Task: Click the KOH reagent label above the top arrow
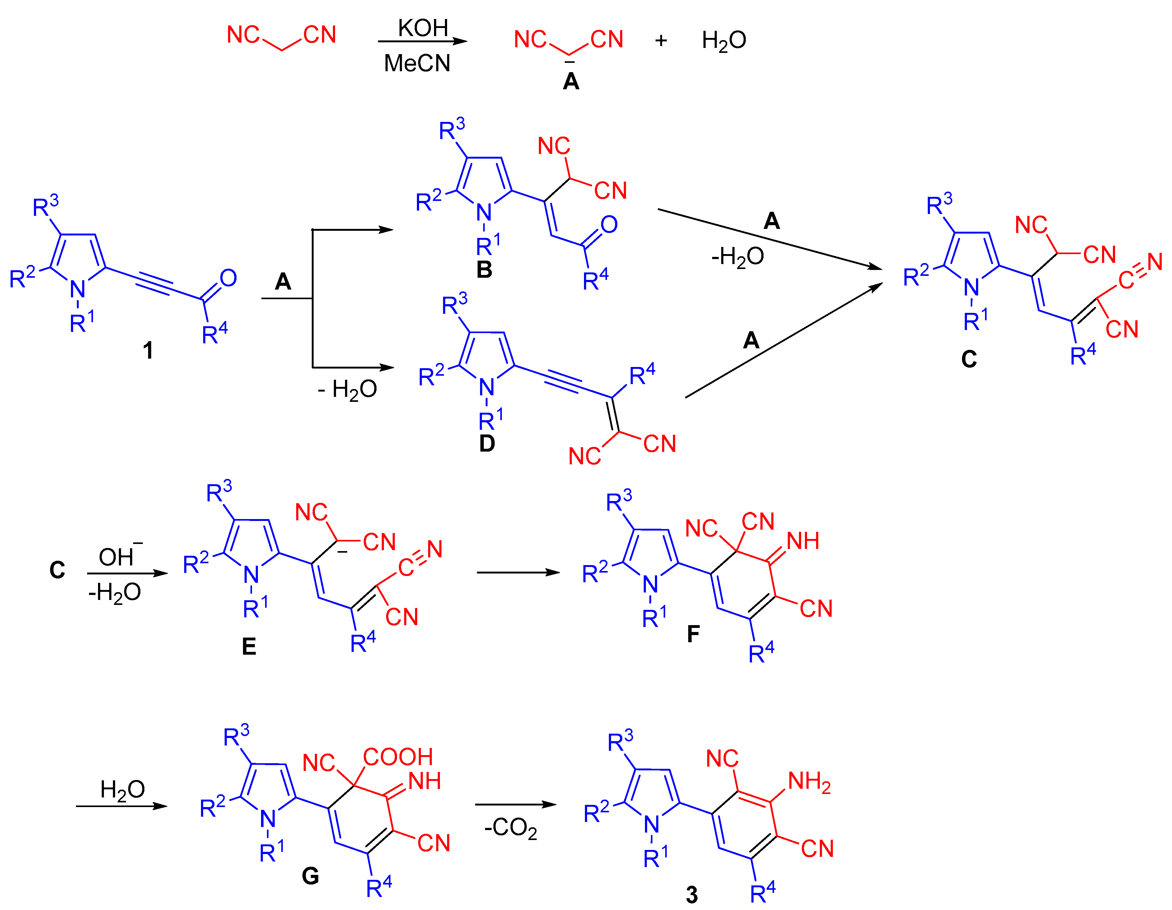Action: (423, 28)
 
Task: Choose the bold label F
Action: (693, 634)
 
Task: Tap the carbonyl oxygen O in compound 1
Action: (228, 278)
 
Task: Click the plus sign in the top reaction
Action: (661, 40)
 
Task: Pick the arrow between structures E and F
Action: (518, 573)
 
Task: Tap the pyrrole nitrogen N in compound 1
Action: (78, 290)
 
